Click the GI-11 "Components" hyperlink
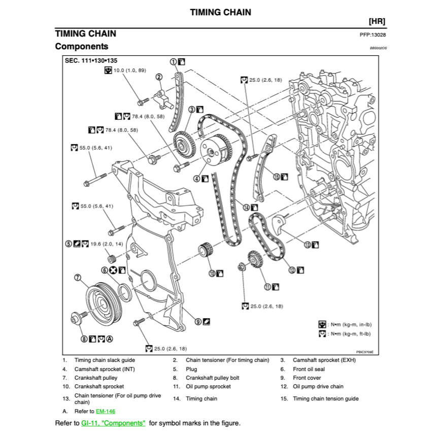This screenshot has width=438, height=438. [113, 423]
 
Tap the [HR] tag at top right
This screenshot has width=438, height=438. [377, 21]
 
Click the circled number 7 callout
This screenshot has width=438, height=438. [78, 277]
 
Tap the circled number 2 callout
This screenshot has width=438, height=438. [159, 77]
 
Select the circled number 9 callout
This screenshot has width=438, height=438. [198, 321]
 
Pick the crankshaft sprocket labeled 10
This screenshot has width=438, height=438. [205, 251]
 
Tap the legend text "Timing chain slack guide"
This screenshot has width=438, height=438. [105, 360]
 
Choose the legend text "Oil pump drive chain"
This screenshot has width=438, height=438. [318, 386]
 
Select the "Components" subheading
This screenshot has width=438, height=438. [81, 47]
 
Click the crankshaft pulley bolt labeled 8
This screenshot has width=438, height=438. [79, 318]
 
